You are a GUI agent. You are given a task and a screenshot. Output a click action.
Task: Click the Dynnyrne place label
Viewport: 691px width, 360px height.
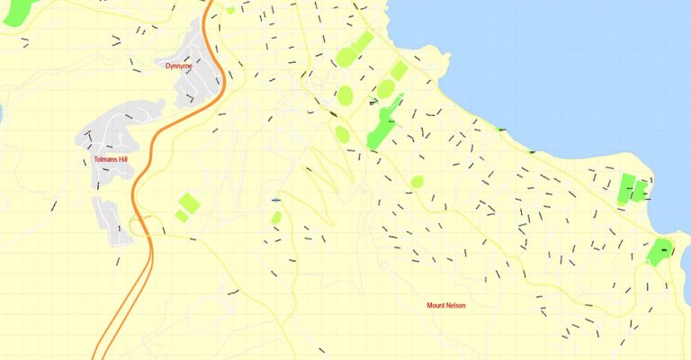(178, 66)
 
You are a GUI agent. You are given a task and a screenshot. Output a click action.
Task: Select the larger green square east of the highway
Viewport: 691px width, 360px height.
(188, 202)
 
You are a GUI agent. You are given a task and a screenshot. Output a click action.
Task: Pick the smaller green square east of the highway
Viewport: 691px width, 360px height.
(181, 216)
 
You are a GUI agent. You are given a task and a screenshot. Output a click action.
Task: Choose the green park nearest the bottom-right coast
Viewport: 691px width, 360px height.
(660, 251)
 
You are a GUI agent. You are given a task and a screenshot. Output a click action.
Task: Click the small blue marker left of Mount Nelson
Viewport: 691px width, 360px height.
(275, 199)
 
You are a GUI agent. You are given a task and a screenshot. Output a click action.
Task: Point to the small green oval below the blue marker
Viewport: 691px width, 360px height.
(275, 217)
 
